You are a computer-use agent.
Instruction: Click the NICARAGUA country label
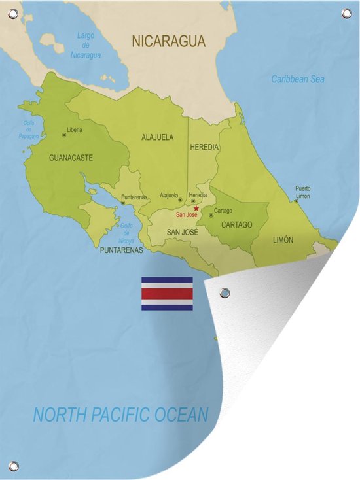(x=169, y=41)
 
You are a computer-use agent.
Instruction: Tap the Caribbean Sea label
(x=298, y=79)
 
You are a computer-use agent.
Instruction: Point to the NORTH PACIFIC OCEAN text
(x=121, y=414)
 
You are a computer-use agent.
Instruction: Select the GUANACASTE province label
(x=71, y=158)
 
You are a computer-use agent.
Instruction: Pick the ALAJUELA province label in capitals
(x=158, y=137)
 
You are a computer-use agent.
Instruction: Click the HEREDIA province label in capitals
(x=204, y=147)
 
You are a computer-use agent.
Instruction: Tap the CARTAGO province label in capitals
(x=236, y=225)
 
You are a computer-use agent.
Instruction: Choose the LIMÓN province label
(x=283, y=240)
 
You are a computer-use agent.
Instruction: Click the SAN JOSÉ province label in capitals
(x=182, y=232)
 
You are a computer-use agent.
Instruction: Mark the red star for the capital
(x=196, y=208)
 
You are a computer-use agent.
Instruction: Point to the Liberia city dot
(x=63, y=135)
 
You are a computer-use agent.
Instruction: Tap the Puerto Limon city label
(x=302, y=192)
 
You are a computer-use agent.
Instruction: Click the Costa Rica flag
(x=167, y=294)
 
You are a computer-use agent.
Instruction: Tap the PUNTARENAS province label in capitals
(x=122, y=250)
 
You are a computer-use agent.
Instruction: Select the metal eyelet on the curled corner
(x=225, y=292)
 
